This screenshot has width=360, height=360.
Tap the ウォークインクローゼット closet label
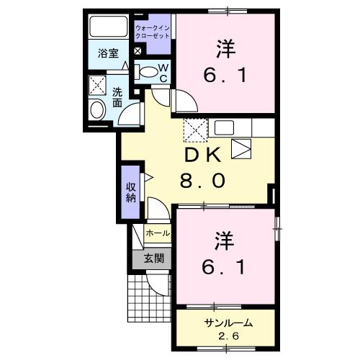(152, 31)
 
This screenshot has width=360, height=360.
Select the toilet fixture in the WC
(147, 71)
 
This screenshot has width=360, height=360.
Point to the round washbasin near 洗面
(96, 110)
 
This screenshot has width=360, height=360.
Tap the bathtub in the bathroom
(108, 27)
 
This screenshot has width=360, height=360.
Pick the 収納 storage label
(130, 192)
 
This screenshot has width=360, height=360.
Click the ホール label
(158, 233)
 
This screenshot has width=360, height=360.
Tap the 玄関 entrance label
(153, 258)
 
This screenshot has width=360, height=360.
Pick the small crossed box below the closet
(138, 52)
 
